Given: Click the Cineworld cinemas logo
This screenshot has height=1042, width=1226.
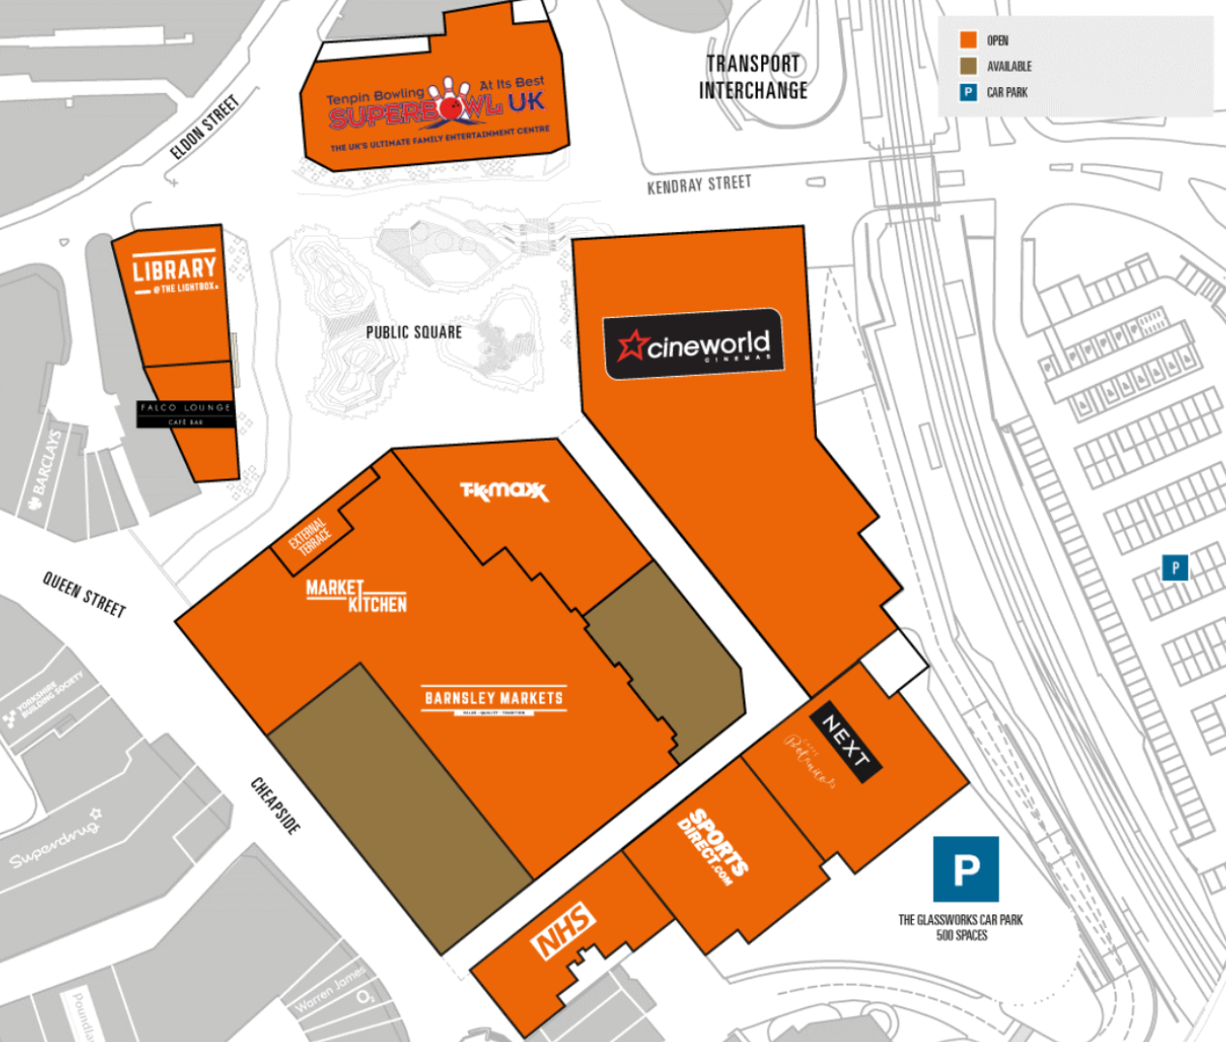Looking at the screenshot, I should pos(693,344).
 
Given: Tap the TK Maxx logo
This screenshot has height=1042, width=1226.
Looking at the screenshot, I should pos(504,491).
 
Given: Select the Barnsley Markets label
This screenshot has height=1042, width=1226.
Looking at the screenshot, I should pos(494,699).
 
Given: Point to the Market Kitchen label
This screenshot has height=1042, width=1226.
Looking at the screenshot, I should pos(356,596).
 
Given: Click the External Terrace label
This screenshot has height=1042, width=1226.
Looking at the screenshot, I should pos(310,535).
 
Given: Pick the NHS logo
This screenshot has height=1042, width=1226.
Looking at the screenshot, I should pos(564,930).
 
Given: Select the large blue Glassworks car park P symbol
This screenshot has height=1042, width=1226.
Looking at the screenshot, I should pos(965,870).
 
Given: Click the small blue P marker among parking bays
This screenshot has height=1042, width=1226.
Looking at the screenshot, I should pos(1175,567).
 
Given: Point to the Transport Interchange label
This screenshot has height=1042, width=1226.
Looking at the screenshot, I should pos(753,77).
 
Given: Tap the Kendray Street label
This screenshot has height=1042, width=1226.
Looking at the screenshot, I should pos(699,184).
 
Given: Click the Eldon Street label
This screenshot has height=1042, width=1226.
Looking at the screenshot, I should pos(204,128).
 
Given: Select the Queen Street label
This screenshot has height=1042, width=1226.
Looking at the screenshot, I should pos(84,593).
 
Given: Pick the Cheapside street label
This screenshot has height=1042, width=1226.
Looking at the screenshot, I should pos(276,805).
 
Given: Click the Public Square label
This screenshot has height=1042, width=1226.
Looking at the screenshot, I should pos(414,333).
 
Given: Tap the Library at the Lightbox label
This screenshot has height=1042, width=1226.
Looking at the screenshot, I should pos(175,274).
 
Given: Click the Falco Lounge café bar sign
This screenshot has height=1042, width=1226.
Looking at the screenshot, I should pos(186,414).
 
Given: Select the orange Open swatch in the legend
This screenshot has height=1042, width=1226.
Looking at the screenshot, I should pos(968,41).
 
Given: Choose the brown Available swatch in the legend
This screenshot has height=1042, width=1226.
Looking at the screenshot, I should pos(968,67).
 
